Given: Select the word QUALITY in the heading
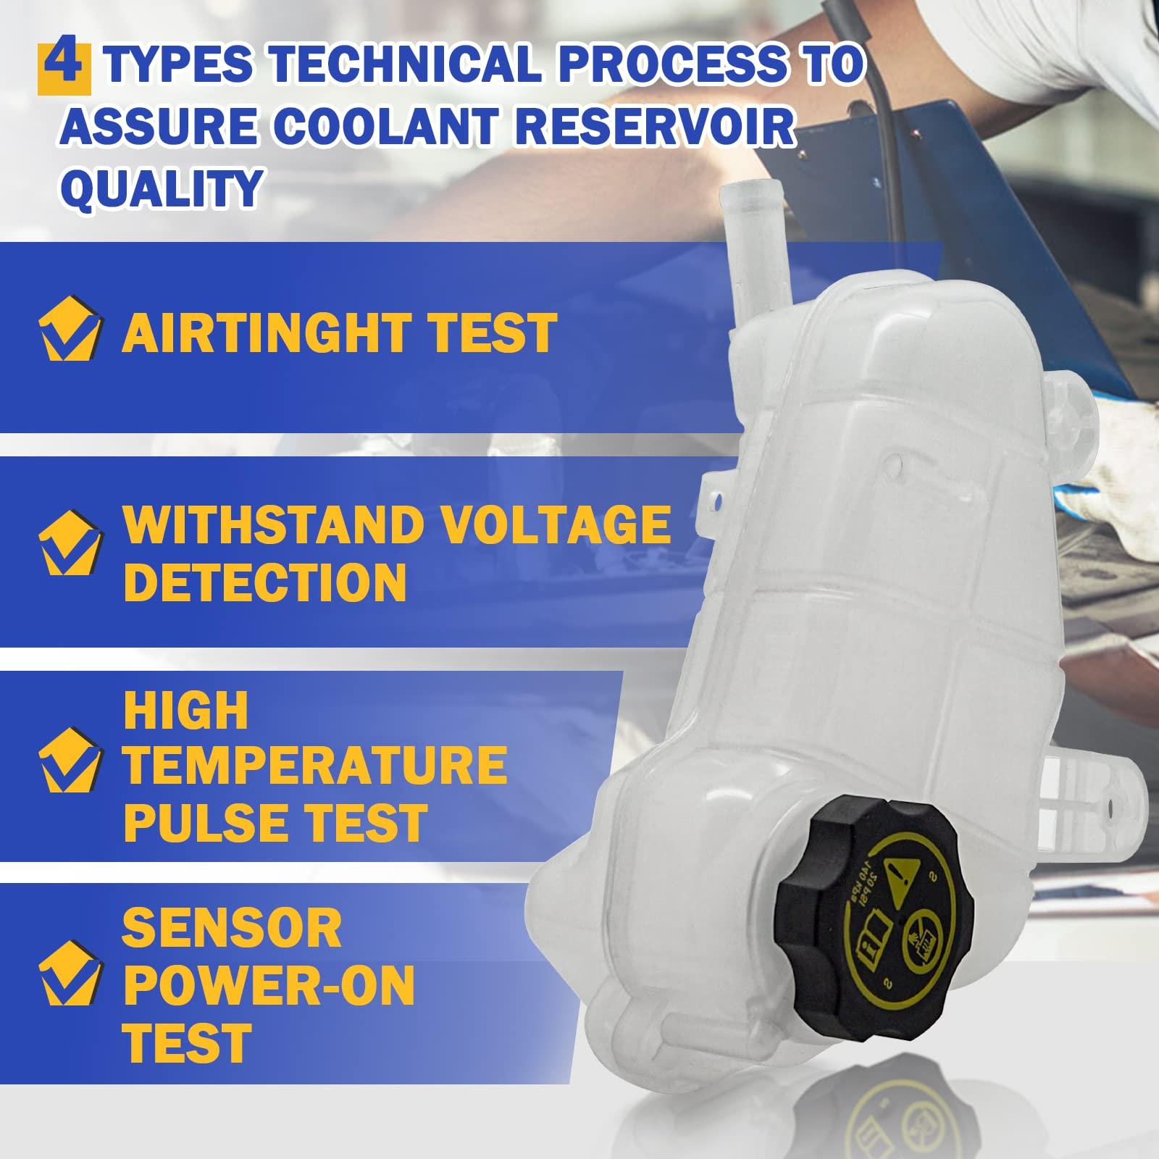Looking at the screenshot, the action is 161,187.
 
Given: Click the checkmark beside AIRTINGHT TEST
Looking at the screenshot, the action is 70,327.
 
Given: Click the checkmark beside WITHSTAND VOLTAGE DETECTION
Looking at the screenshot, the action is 70,543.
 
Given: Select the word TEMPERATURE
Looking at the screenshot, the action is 315,765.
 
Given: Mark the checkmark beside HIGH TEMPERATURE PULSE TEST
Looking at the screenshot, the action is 70,760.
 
